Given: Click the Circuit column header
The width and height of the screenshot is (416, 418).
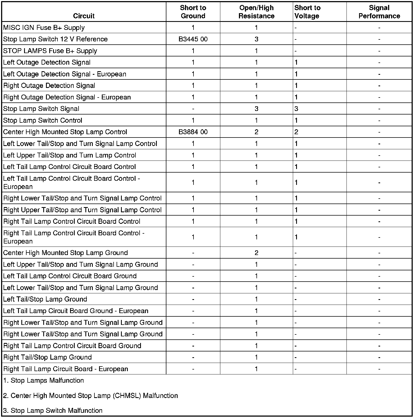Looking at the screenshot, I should point(84,16).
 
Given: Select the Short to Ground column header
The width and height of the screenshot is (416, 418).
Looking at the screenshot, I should point(193,12).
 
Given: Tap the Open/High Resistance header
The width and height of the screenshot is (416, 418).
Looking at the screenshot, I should point(256,12).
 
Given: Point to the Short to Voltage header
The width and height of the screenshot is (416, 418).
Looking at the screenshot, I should point(307,12).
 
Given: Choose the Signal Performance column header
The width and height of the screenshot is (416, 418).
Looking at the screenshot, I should point(379,12).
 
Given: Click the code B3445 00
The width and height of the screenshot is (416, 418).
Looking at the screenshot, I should point(193,39).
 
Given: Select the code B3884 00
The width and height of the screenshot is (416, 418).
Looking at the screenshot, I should point(193,132).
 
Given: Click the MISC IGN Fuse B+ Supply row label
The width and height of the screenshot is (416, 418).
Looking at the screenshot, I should point(44,28).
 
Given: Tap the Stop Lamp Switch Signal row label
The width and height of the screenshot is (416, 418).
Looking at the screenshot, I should point(41,109).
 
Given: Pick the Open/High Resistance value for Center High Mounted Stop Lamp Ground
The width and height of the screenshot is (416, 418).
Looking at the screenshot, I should point(256,253).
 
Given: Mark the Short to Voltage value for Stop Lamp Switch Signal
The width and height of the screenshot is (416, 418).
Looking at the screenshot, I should point(296,109).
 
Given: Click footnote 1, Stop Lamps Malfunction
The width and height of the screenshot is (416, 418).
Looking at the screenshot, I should point(44,380).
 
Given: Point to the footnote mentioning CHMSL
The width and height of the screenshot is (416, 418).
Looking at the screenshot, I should point(91,396).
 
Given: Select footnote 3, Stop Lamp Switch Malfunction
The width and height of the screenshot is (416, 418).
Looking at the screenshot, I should point(53,411).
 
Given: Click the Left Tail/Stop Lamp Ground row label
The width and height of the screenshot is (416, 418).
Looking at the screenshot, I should point(45,299).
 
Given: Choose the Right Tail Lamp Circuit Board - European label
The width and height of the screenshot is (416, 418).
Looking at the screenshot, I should point(66,369).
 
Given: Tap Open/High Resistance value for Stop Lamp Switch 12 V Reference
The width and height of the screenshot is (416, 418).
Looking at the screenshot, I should point(256,39).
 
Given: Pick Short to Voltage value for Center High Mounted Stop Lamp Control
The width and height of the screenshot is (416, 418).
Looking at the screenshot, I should point(296,132).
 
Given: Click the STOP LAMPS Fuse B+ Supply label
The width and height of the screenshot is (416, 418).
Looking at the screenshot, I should point(50,51).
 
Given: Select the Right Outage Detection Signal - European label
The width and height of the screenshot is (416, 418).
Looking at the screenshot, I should point(67,97).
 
